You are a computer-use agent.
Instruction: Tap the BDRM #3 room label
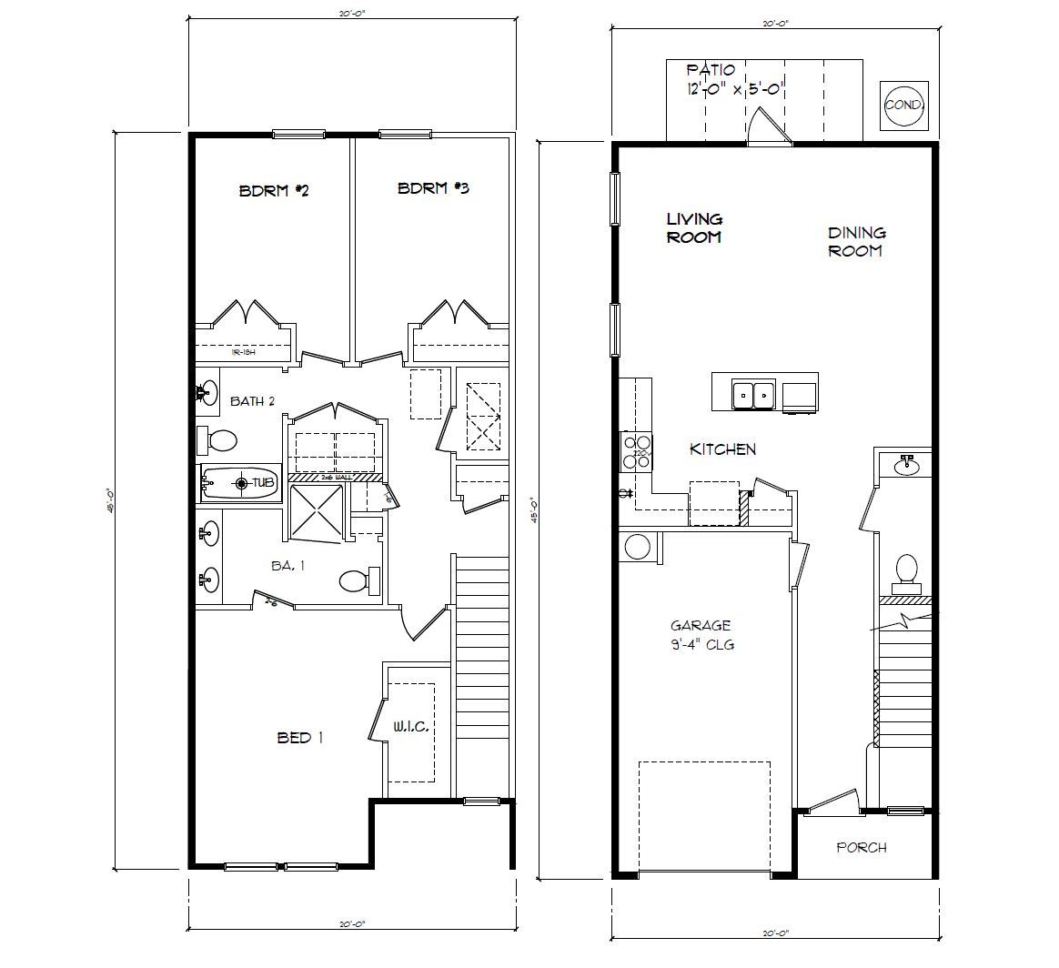click(433, 188)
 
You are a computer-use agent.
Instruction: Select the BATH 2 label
click(252, 401)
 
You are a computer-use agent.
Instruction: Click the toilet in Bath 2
click(217, 441)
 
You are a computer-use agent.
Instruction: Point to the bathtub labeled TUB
click(238, 483)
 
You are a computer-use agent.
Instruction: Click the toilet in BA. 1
click(357, 580)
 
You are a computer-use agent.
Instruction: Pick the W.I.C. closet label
click(410, 727)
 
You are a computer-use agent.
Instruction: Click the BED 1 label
click(300, 738)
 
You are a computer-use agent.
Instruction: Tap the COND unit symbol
click(903, 106)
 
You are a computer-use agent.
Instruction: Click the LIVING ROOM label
click(694, 228)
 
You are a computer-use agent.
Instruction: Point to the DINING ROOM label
click(856, 242)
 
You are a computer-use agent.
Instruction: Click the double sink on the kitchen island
click(753, 395)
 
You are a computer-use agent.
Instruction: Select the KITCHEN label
click(722, 449)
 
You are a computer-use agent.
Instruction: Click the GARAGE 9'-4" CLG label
click(701, 635)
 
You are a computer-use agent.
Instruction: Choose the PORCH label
click(861, 848)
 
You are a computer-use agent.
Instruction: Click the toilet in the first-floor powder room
click(907, 570)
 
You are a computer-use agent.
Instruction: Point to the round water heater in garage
click(637, 548)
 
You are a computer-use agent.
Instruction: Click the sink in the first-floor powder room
click(907, 467)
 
